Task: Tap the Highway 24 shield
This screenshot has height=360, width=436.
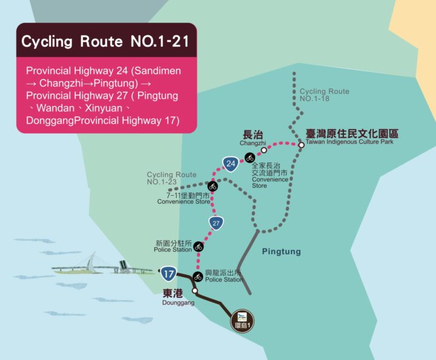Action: [x=230, y=164]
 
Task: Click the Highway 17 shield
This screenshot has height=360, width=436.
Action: [x=169, y=273]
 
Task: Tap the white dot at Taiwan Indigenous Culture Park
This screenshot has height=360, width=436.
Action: [x=301, y=145]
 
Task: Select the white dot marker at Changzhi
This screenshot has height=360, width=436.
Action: [x=263, y=150]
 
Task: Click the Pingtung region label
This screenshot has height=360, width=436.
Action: [x=281, y=252]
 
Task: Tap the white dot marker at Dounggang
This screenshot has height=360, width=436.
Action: [x=194, y=291]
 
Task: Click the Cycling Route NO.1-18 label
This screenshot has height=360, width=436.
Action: [x=325, y=95]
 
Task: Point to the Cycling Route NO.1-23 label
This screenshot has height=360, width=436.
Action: [x=171, y=178]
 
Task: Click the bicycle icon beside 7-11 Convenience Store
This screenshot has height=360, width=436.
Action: [x=213, y=186]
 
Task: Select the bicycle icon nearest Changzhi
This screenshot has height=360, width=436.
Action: [x=249, y=158]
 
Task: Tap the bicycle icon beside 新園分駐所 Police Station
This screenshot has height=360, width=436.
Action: [x=198, y=246]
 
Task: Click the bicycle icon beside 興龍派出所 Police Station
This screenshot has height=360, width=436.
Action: [x=197, y=277]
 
